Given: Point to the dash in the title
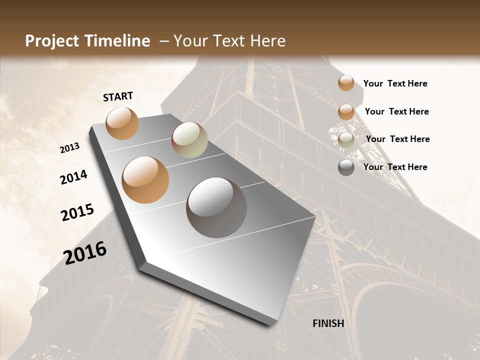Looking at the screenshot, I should tap(164, 41).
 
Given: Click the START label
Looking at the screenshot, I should tap(118, 96).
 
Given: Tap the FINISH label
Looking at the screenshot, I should tap(328, 323).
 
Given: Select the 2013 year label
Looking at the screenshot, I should tap(70, 148).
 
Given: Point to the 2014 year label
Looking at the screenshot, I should tap(73, 177).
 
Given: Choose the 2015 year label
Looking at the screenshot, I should tap(77, 212).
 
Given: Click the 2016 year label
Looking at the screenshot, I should tap(85, 253).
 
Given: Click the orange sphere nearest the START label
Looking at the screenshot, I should tap(122, 123).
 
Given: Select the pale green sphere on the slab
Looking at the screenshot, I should tap(189, 140).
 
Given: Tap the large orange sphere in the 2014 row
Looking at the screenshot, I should tap(145, 179).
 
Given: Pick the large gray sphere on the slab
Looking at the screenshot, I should tap(216, 207).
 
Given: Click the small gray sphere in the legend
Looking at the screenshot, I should tap(346, 167).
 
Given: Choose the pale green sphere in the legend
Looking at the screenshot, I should tap(346, 140).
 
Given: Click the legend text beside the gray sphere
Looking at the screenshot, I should tap(395, 167).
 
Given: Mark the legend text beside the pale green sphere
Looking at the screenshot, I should tap(397, 139).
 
